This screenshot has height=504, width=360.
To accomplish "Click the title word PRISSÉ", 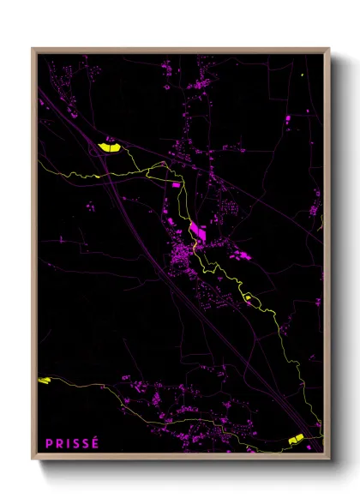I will click(x=73, y=443).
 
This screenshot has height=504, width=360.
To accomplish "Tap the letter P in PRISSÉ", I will click(x=50, y=443).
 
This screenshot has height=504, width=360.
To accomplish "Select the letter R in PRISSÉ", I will click(x=59, y=443).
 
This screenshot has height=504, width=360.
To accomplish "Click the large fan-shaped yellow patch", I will click(x=110, y=147).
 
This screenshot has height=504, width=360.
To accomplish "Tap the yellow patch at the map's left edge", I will click(x=45, y=380).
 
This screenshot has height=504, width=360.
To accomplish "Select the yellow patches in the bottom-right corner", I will click(x=297, y=440).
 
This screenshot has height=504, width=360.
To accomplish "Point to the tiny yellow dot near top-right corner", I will click(x=303, y=75).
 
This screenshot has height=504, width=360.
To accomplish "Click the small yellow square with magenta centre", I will click(x=248, y=297).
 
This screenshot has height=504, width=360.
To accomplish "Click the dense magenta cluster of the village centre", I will click(x=182, y=255).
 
